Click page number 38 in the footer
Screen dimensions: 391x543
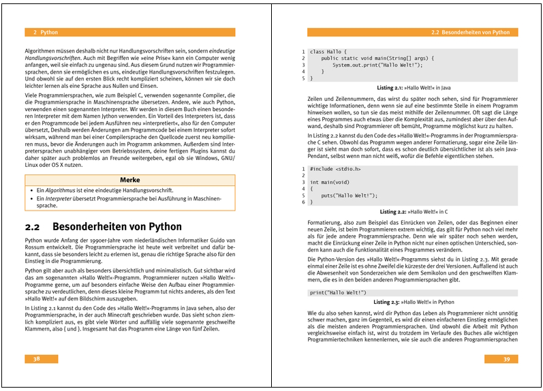point(37,358)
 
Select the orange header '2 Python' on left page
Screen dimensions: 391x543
point(45,32)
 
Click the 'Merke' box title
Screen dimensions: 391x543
point(129,179)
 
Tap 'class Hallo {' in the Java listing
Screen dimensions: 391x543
point(329,52)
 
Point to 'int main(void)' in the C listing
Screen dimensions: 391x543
point(330,182)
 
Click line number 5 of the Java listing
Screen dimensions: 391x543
point(303,78)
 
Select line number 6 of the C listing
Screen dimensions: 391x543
point(303,202)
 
